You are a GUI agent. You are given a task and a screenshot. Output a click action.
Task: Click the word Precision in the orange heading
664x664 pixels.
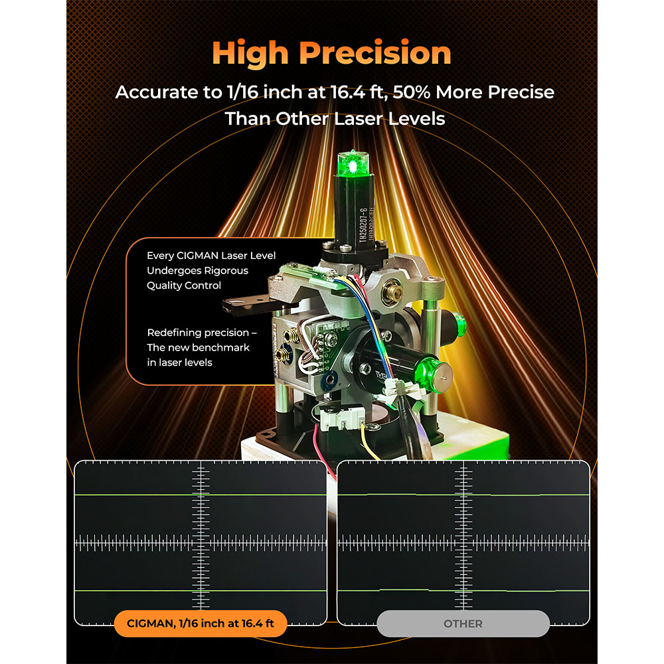375,52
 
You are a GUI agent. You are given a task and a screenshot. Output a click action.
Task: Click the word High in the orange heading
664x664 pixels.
250,53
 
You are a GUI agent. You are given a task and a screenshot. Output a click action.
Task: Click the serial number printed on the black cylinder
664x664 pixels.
363,225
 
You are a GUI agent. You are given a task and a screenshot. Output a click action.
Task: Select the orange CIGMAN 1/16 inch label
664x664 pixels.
201,623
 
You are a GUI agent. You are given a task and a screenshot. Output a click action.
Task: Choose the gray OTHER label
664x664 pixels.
463,623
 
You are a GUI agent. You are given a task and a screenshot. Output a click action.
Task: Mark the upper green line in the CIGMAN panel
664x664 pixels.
201,494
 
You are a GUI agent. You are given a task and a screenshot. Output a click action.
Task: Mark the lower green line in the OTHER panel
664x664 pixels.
463,590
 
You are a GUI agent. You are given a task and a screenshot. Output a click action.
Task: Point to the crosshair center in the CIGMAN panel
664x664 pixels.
201,542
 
